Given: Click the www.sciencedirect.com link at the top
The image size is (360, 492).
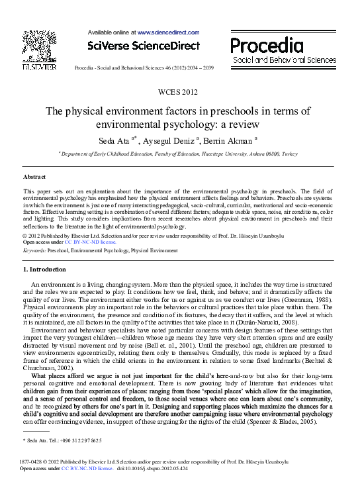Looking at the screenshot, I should pos(168,31).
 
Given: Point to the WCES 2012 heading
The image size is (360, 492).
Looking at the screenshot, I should pos(179,91).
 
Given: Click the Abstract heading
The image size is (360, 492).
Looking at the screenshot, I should pos(34,177).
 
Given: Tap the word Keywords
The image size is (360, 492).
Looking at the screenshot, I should pos(34,252).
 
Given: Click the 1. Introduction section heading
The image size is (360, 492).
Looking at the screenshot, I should pos(44,270).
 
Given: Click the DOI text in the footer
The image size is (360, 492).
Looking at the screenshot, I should pos(152,468).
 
